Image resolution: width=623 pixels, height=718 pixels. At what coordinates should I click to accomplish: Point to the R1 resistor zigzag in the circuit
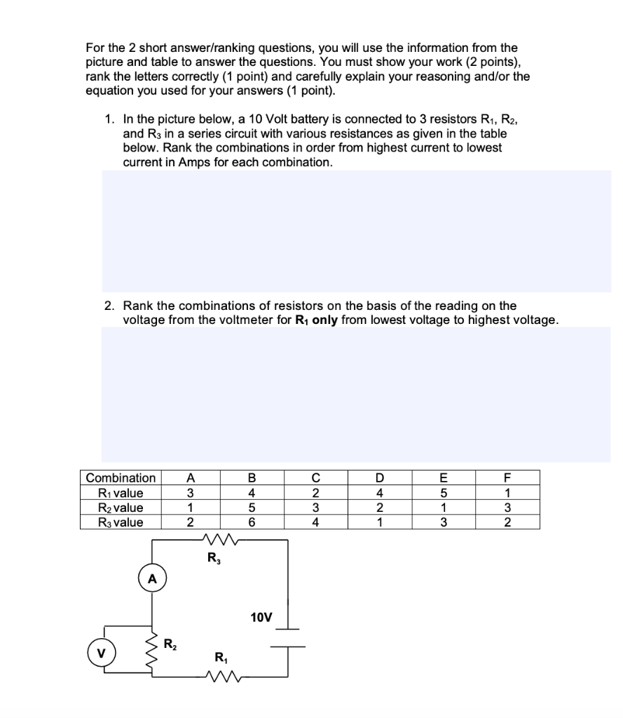point(225,677)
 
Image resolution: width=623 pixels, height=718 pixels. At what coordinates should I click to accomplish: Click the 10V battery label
point(261,617)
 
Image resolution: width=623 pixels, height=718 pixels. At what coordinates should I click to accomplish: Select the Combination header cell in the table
point(121,478)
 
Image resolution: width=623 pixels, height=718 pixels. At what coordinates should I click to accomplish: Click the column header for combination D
point(381,478)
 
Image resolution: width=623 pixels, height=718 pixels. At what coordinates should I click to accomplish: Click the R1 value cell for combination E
point(444,493)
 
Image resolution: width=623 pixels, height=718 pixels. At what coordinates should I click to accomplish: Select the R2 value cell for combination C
point(316,508)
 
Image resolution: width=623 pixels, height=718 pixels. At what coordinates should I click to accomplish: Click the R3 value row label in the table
point(121,522)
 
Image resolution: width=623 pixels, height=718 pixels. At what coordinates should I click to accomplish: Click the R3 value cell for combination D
point(381,522)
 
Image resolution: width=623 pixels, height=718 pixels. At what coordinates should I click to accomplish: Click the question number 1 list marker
point(109,120)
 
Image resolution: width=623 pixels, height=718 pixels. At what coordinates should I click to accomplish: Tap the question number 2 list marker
point(109,306)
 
